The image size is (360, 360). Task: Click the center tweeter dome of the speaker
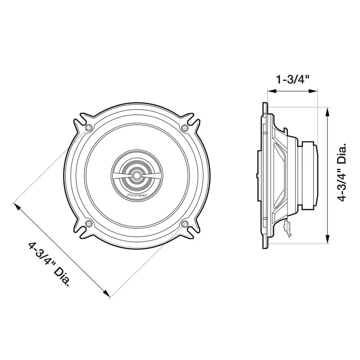point(137,175)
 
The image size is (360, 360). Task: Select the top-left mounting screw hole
point(89,128)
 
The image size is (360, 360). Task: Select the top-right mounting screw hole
point(184,128)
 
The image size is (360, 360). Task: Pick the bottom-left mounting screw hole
point(89,223)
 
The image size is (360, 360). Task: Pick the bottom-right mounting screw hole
point(184,223)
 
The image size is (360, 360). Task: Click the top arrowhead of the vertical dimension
point(328,111)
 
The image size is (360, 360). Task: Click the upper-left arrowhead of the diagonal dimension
point(17,206)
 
